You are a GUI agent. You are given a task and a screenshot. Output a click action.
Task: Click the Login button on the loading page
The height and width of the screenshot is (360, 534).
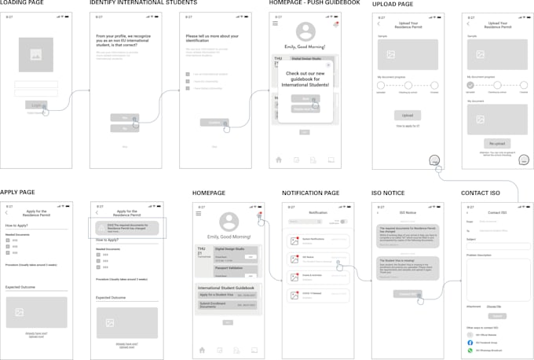(35, 104)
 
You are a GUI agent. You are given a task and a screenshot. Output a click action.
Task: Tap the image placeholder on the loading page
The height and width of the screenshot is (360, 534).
(35, 55)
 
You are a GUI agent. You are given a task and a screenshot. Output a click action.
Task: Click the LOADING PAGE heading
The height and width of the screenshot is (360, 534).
(22, 4)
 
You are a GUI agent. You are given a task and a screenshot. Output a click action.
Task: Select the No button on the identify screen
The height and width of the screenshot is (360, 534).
(124, 127)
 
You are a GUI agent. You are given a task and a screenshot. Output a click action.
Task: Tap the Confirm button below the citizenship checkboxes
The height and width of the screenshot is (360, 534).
(213, 123)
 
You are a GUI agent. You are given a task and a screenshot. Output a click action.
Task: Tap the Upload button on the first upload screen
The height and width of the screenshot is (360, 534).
(407, 115)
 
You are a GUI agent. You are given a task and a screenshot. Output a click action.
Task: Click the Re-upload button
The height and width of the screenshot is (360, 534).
(496, 144)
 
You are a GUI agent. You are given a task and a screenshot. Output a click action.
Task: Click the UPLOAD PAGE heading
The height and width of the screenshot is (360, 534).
(393, 4)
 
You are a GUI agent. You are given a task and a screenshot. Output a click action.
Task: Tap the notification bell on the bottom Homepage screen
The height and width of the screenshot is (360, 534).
(259, 214)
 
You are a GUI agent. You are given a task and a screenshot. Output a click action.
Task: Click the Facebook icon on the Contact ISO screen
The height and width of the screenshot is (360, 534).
(470, 343)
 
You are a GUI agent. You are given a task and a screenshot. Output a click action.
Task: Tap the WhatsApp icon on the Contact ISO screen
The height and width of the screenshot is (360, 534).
(470, 351)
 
